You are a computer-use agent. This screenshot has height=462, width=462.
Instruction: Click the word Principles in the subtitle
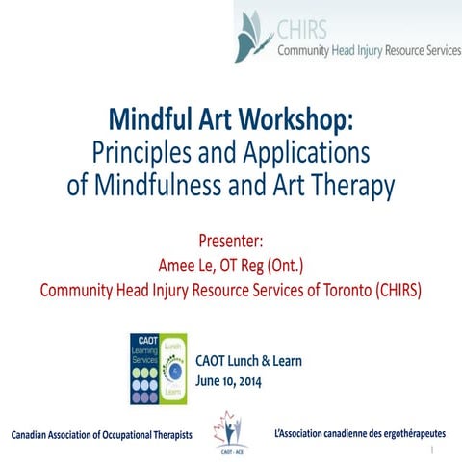point(136,153)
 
